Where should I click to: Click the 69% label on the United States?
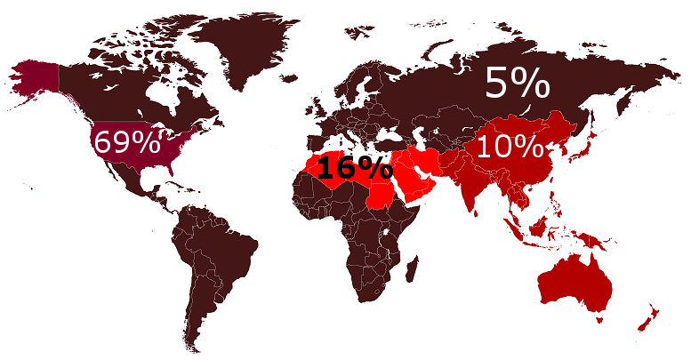[x=126, y=142]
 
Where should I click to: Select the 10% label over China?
[x=508, y=147]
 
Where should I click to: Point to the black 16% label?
[x=354, y=167]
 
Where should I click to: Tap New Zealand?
[x=647, y=316]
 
